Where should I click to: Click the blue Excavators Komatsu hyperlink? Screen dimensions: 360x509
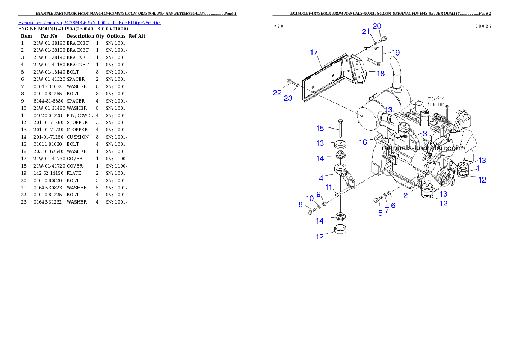tap(89, 23)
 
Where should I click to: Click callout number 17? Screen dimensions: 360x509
tap(314, 53)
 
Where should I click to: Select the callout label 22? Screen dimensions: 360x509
tap(277, 93)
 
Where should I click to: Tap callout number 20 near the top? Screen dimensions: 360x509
tap(376, 26)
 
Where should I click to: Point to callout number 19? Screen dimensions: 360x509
tap(395, 53)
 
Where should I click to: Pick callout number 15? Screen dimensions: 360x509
tap(320, 129)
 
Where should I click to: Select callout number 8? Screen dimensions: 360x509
tap(300, 205)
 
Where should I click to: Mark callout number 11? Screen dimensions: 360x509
tap(329, 187)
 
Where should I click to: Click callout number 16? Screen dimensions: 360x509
tap(363, 142)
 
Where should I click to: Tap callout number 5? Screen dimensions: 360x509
tap(380, 212)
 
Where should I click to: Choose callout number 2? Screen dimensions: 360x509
tap(405, 195)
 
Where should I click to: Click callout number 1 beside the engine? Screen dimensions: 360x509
tap(478, 169)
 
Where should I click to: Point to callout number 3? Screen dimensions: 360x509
tap(425, 134)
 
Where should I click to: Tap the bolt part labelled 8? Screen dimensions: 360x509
tap(311, 210)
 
